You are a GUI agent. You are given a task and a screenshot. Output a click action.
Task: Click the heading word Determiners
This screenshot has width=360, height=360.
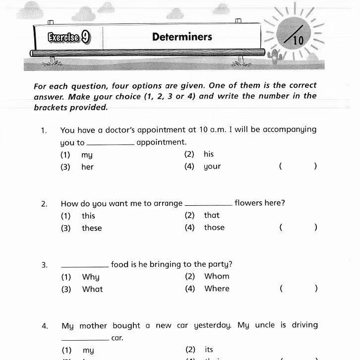coord(182,37)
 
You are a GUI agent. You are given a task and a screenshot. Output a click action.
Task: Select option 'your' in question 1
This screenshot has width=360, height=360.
coord(212,167)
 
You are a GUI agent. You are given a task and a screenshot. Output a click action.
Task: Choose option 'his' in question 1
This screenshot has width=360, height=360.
coord(209,154)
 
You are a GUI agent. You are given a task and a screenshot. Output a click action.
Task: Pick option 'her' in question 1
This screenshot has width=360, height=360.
coord(87,167)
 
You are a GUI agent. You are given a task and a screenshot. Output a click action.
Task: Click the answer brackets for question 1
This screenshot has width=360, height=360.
coord(298,167)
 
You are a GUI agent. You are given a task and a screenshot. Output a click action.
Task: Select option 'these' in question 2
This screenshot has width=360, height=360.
coord(92,228)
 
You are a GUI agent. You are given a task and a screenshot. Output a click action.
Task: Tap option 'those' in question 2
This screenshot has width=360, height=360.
coord(214,228)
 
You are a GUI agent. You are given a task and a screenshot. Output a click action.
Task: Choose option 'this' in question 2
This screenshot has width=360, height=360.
coord(88,216)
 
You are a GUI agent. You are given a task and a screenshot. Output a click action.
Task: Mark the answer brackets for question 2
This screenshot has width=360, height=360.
coord(298,228)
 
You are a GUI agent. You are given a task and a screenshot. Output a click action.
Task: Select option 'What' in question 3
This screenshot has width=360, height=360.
coord(92,289)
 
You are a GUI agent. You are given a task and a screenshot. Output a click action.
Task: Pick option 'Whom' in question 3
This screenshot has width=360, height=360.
coord(217,276)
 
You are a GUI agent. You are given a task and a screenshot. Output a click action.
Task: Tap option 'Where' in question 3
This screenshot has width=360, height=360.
coord(217,289)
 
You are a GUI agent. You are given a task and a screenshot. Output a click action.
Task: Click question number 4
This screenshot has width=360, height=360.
coord(45,326)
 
